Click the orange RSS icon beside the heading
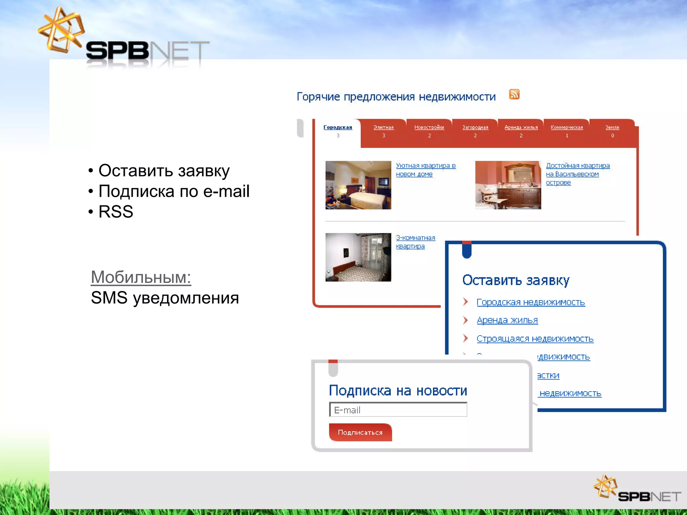coord(514,94)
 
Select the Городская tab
coord(338,127)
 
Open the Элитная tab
coord(383,127)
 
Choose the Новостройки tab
coord(429,127)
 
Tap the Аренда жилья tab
coord(521,127)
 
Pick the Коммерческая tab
coord(567,127)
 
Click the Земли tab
coord(612,127)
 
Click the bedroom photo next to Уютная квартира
coord(358,185)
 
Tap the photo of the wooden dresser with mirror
coord(508,185)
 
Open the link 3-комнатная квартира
coord(415,242)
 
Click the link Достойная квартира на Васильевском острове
coord(577,174)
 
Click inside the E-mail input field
coord(398,410)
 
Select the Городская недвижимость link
coord(530,302)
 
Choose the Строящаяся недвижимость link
coord(535,339)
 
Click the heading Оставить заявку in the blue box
coord(516,280)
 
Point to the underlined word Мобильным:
coord(141,277)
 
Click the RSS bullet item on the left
coord(116,212)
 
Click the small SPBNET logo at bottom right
coord(637,489)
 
